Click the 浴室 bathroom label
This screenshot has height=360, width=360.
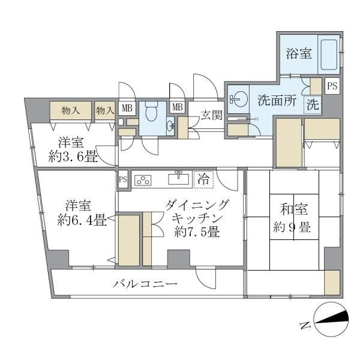[x=299, y=53]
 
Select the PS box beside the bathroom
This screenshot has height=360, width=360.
[x=332, y=86]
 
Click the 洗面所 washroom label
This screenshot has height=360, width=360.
[x=277, y=101]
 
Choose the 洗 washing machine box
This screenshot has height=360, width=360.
[x=312, y=104]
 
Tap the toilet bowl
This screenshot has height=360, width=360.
[x=152, y=112]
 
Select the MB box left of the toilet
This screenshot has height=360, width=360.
[x=127, y=108]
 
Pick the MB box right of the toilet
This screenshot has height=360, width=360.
[x=177, y=107]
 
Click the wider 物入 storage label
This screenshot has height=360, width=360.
[x=71, y=110]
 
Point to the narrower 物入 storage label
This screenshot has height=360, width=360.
[x=105, y=110]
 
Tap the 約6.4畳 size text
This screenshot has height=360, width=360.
[x=82, y=220]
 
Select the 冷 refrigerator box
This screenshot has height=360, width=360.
[x=204, y=178]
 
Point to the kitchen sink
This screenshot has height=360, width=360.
[x=178, y=178]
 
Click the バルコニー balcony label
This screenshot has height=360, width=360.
[x=145, y=284]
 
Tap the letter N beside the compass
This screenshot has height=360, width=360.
[x=304, y=326]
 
